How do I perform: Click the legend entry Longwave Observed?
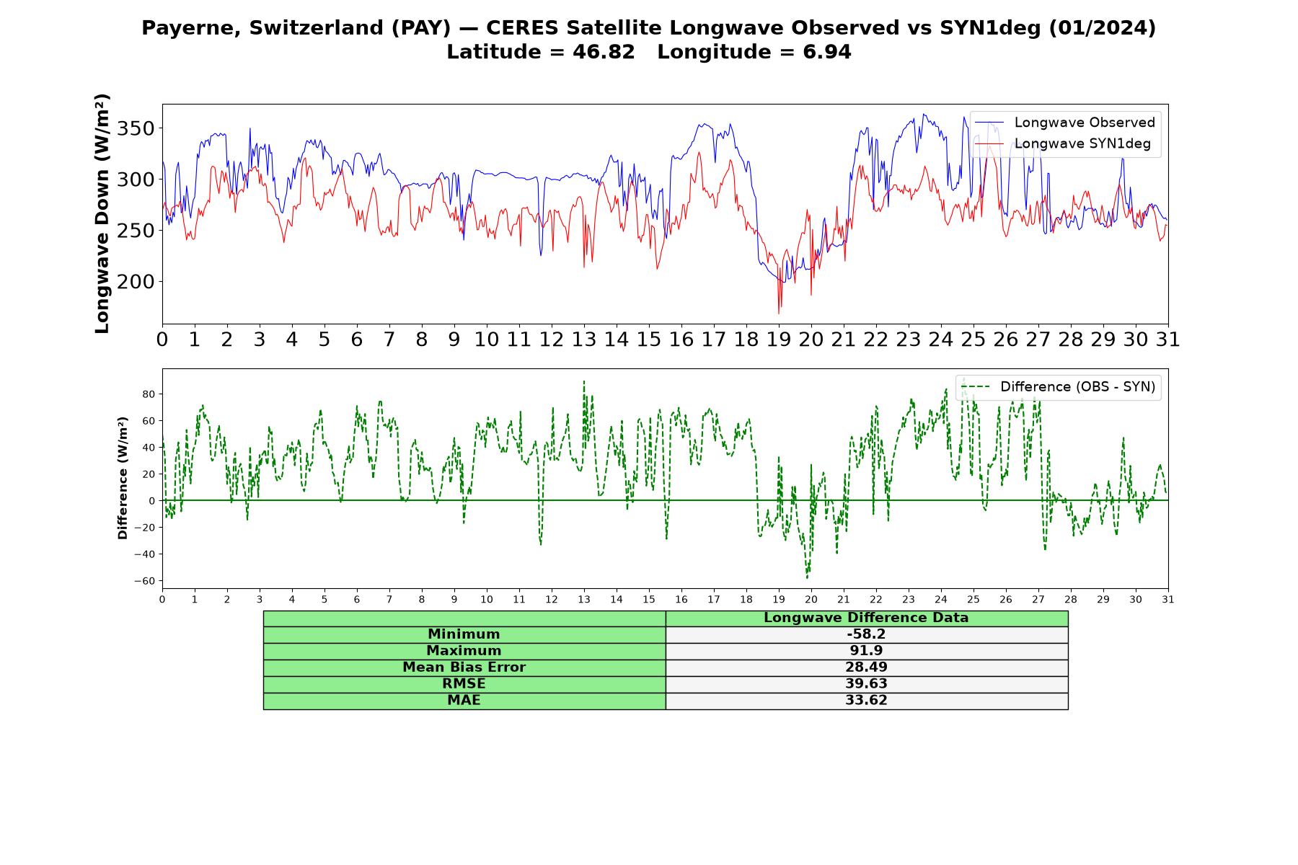1065,123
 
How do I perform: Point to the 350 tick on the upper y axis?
135,129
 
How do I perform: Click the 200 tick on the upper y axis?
135,282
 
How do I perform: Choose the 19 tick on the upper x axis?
779,339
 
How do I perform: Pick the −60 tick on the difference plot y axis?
144,581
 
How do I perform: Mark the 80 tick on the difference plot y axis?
149,394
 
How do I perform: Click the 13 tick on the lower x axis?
584,600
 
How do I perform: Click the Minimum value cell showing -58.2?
866,634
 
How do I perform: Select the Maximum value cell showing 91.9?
866,651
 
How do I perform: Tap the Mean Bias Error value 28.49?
866,667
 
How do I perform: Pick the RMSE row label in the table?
464,684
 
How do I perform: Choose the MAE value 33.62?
866,701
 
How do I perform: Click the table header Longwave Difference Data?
866,618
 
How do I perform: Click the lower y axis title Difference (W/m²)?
123,479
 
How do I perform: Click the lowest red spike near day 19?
779,313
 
